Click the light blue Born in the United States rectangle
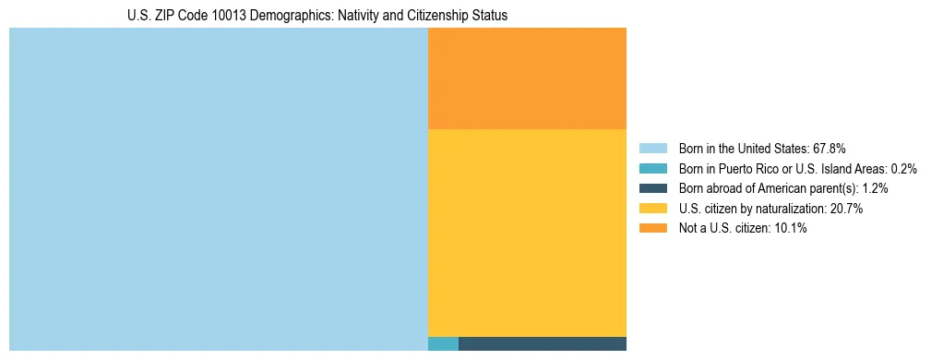click(218, 189)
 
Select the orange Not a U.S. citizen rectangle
click(527, 78)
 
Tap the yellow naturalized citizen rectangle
click(527, 233)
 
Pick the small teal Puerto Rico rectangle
click(443, 344)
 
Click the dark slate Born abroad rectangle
click(542, 344)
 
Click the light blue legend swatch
click(652, 148)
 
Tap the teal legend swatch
click(652, 168)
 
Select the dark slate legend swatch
click(652, 188)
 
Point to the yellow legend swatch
click(652, 209)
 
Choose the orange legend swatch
click(652, 228)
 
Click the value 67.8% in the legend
click(828, 148)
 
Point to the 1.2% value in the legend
click(875, 188)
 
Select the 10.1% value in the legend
click(791, 228)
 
